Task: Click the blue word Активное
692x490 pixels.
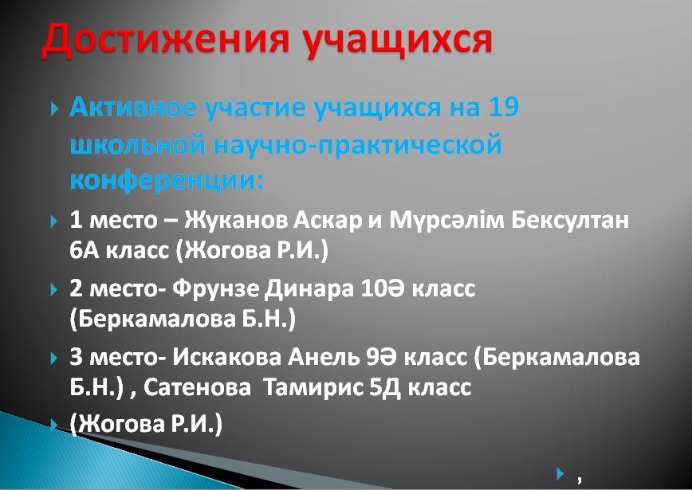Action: click(133, 107)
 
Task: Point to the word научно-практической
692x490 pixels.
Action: click(358, 145)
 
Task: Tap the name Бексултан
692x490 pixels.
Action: click(570, 220)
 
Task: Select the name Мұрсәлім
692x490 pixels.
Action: click(446, 220)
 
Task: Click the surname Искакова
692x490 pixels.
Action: click(226, 357)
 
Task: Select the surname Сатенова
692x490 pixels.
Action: click(197, 388)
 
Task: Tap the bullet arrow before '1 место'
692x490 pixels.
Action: click(54, 221)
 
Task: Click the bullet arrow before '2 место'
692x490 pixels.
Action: click(54, 290)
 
